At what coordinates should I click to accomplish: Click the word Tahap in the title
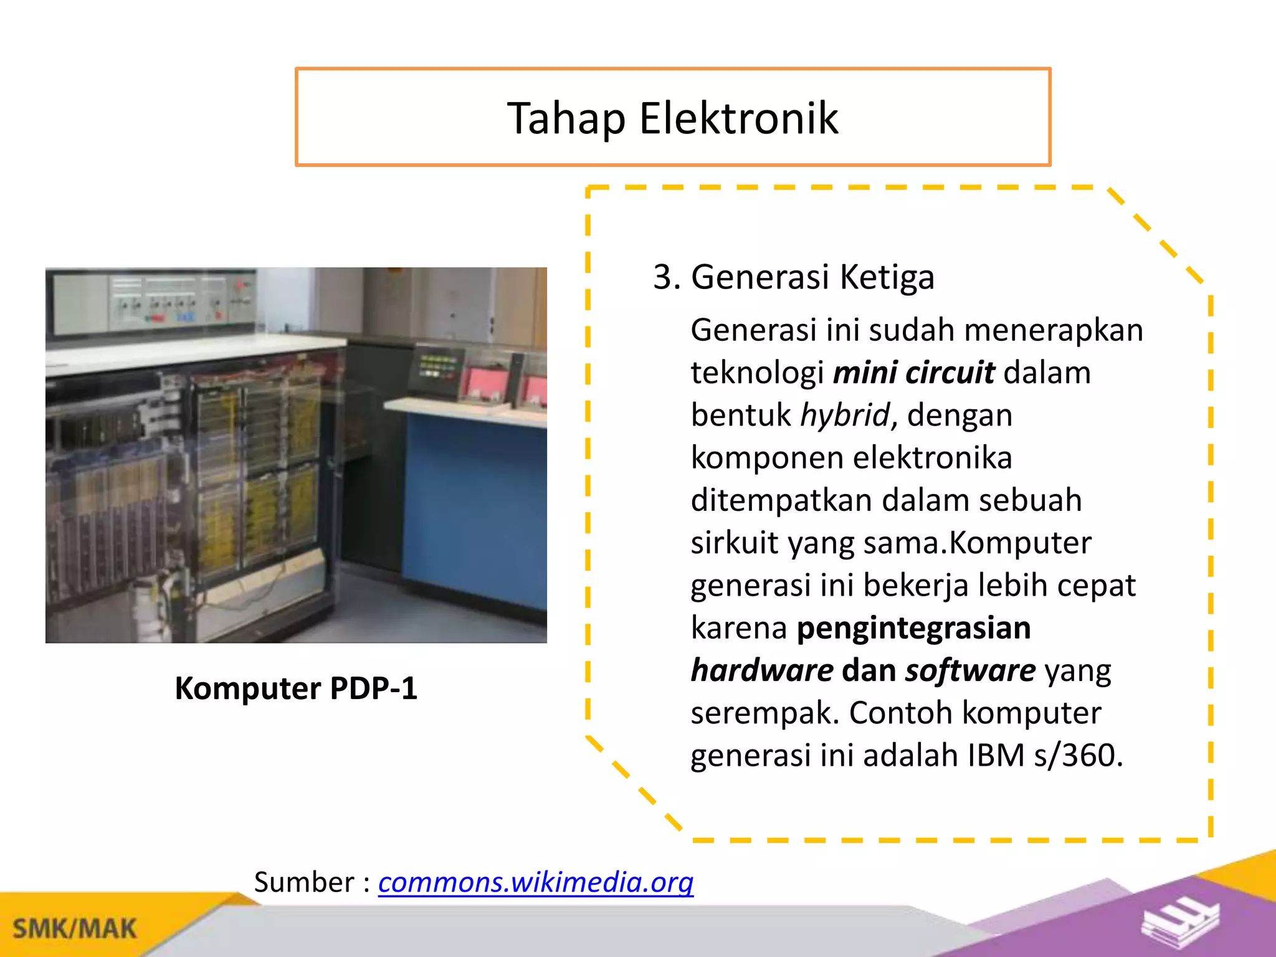coord(566,118)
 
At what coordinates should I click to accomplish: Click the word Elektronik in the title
coord(739,118)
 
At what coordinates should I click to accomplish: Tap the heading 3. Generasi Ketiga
coord(793,277)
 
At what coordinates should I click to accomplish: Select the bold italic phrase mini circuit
coord(913,373)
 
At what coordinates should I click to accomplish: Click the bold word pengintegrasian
coord(913,627)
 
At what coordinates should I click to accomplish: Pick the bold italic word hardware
coord(762,670)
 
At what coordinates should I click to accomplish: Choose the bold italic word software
coord(970,670)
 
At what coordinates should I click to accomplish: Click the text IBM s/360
coord(1045,755)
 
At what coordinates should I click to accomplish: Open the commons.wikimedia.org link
coord(536,882)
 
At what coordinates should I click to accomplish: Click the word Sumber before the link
coord(304,882)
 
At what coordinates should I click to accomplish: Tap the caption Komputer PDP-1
coord(296,688)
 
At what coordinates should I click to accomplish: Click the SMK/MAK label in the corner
coord(75,928)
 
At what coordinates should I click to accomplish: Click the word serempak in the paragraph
coord(765,713)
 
